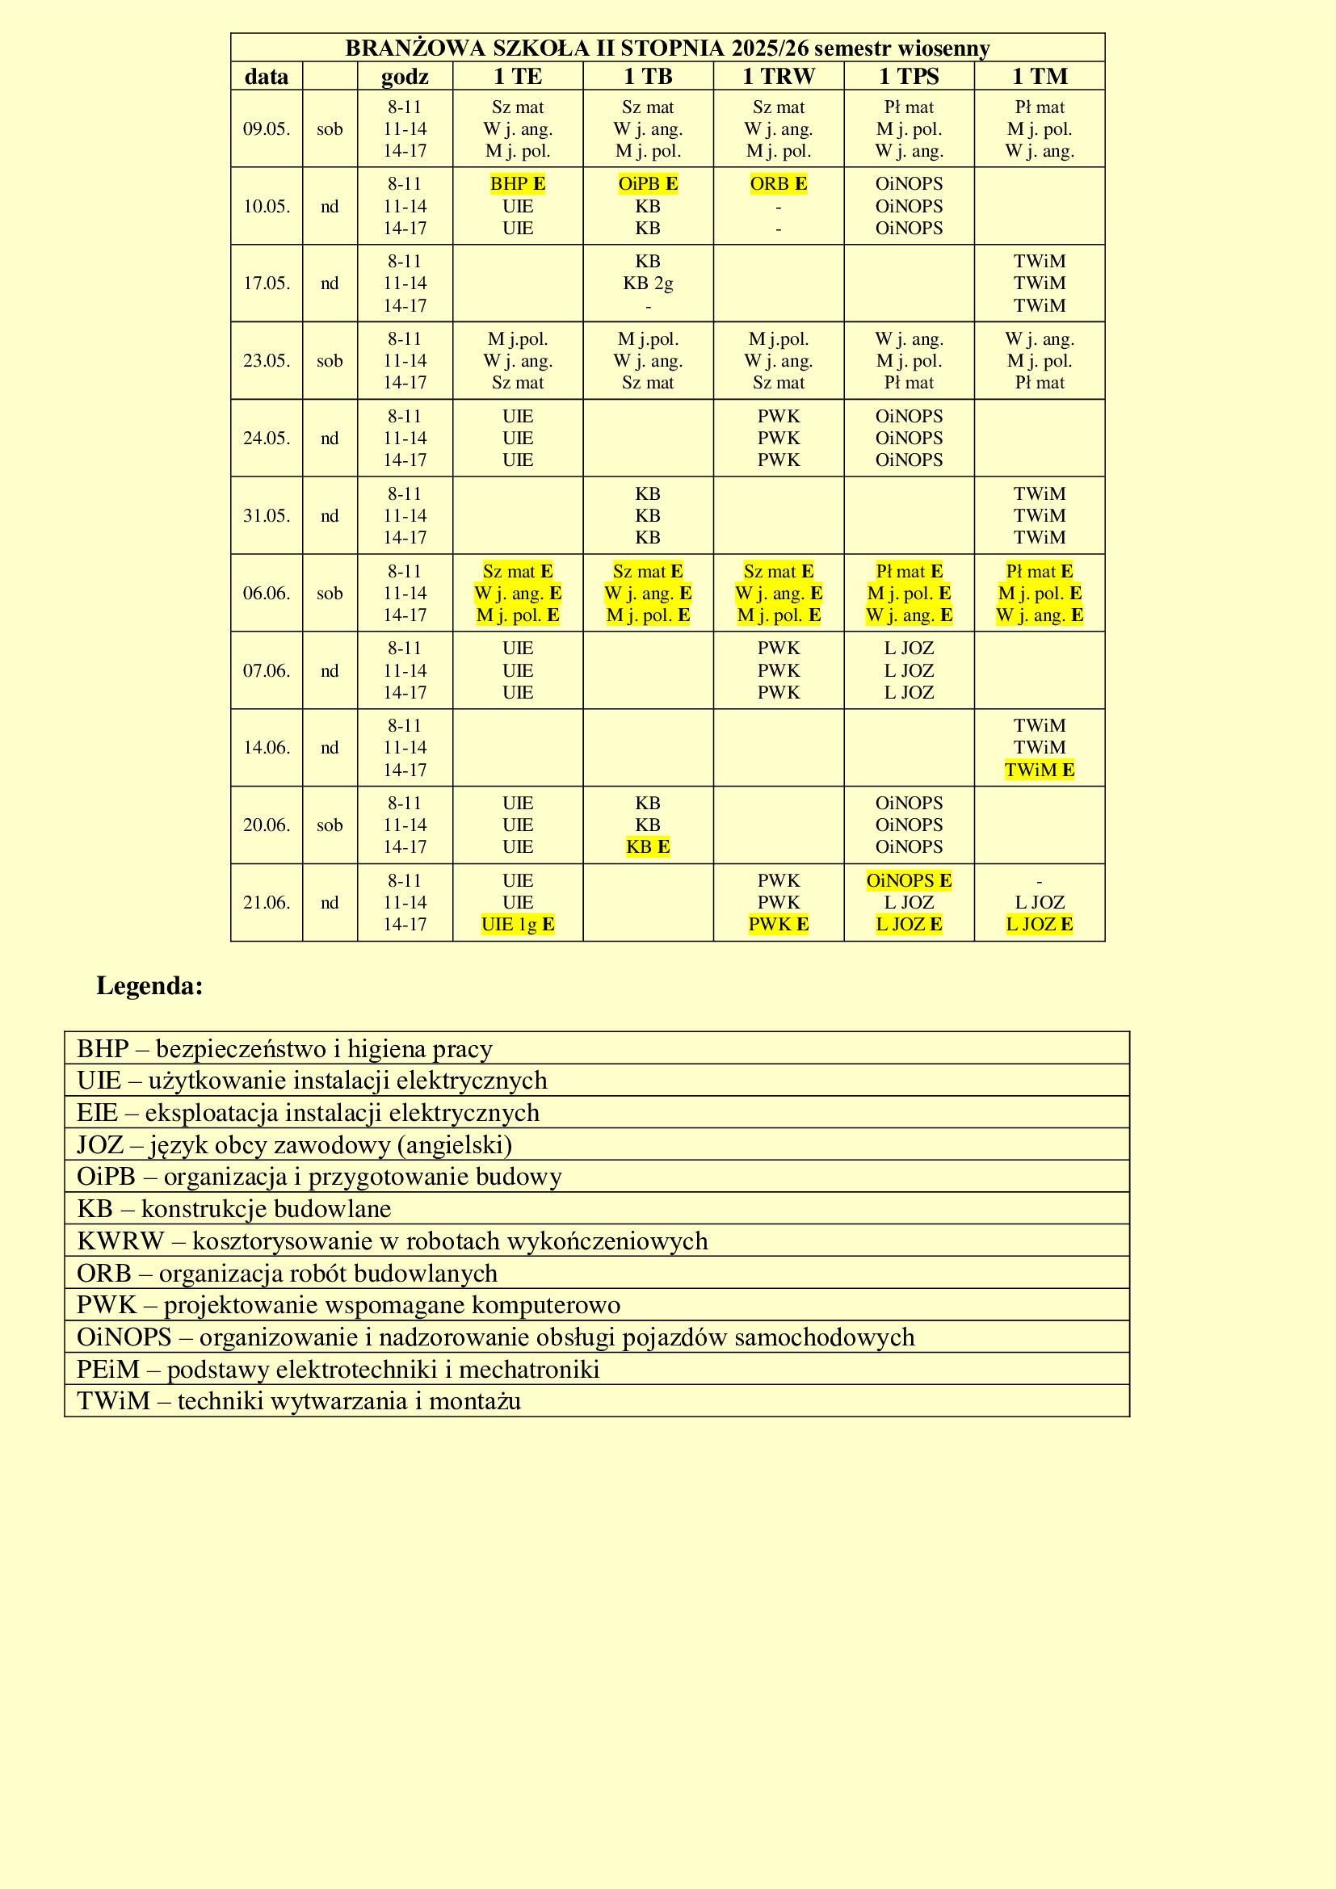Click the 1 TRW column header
point(778,77)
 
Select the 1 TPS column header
point(908,77)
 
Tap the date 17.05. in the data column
point(267,283)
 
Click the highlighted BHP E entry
point(518,183)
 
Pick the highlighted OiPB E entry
point(649,183)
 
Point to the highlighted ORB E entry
point(778,183)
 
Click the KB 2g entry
point(649,283)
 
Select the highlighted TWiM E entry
point(1039,770)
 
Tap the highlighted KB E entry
point(649,846)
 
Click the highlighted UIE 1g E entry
point(518,924)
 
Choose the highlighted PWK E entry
point(778,924)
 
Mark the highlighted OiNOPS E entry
point(908,880)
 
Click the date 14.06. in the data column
point(267,747)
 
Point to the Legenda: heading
point(149,985)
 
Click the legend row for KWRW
point(392,1240)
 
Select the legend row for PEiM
point(338,1369)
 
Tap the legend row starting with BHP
point(284,1049)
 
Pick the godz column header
point(405,77)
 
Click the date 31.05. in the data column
point(267,516)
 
